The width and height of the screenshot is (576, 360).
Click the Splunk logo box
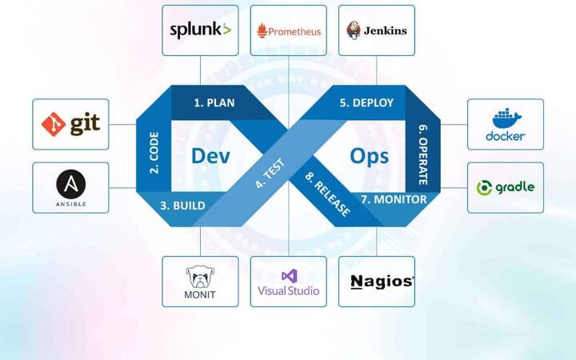(x=200, y=30)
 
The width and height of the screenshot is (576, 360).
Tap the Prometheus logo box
(x=288, y=30)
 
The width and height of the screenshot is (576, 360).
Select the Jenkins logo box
(x=376, y=30)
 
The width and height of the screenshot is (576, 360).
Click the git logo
(x=70, y=124)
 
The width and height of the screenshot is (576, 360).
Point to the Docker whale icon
(x=506, y=118)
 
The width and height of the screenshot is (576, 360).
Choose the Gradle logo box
(x=506, y=188)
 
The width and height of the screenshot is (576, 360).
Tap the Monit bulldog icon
(x=200, y=277)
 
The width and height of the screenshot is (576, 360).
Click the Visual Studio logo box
(x=288, y=282)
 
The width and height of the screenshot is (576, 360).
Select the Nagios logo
(x=382, y=282)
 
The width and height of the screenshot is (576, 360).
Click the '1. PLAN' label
(x=214, y=102)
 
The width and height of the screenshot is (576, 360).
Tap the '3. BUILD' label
(x=182, y=206)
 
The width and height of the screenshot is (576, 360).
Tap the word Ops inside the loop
(x=370, y=154)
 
